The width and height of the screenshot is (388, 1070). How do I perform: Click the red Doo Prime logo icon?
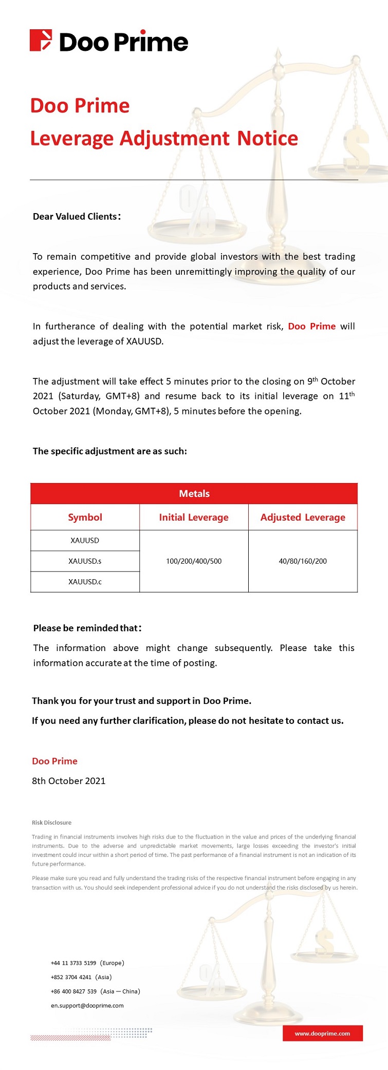[x=41, y=41]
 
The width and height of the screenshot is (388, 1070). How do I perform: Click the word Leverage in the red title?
[x=71, y=139]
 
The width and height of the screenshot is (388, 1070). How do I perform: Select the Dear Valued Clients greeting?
[x=77, y=216]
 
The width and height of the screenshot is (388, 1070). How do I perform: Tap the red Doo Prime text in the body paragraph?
[x=311, y=327]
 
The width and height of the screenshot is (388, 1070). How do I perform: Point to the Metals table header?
[x=194, y=493]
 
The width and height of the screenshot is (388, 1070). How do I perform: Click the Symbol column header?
[x=85, y=517]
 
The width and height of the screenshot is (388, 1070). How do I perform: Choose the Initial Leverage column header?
[x=194, y=517]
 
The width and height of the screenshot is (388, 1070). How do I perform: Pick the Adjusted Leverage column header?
[x=303, y=517]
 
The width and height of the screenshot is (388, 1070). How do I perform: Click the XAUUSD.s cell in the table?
[x=85, y=561]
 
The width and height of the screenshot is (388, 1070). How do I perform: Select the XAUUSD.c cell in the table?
[x=85, y=582]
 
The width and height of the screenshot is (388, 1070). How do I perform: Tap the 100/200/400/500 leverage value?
[x=194, y=561]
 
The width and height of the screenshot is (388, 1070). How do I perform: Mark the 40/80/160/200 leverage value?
[x=303, y=561]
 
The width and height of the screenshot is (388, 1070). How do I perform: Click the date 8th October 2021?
[x=68, y=781]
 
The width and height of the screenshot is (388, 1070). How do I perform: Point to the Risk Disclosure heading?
[x=51, y=823]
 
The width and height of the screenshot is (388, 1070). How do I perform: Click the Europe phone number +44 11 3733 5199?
[x=73, y=963]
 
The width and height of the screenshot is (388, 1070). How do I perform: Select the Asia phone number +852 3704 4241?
[x=71, y=977]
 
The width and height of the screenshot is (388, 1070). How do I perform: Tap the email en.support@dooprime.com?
[x=87, y=1005]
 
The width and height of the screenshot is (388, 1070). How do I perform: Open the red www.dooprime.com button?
[x=322, y=1034]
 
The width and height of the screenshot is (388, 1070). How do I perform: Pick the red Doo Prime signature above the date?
[x=54, y=761]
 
